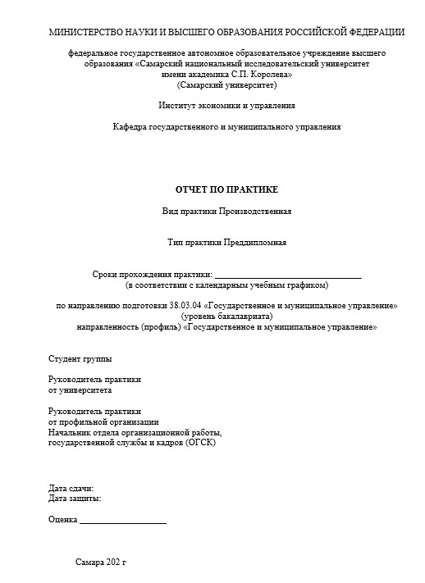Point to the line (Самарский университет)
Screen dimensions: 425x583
coord(226,84)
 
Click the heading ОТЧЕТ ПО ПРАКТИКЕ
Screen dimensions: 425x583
coord(226,189)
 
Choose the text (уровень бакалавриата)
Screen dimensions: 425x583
coord(226,316)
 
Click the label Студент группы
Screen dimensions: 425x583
coord(80,359)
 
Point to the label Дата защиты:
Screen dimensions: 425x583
coord(75,498)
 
